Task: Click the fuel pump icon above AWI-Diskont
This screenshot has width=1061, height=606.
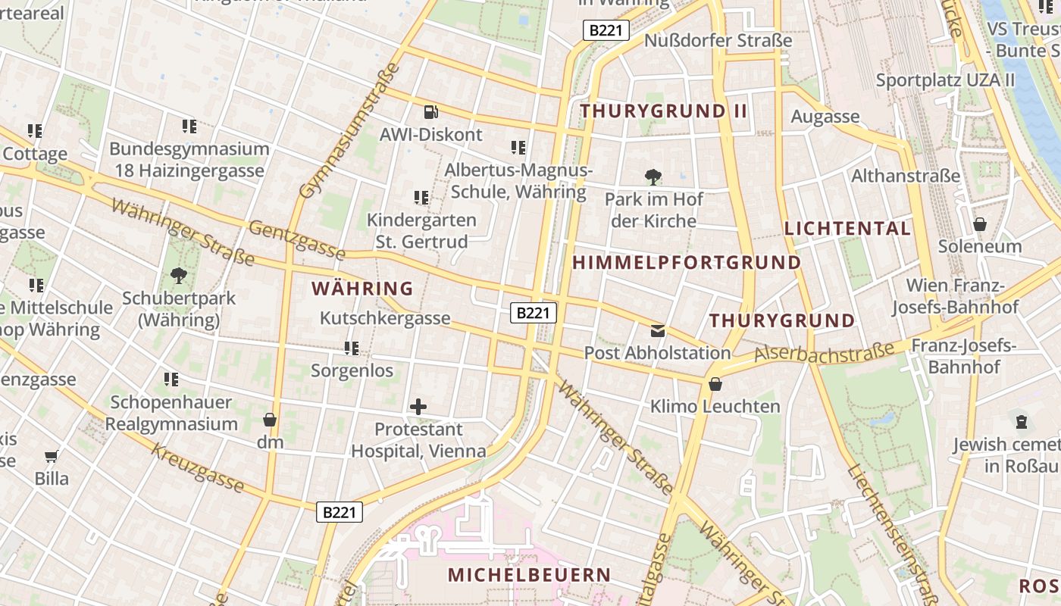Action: [430, 112]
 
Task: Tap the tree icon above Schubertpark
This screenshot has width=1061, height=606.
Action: [179, 276]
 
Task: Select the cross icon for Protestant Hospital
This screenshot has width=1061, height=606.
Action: [418, 407]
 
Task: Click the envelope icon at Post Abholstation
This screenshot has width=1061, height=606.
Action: [657, 330]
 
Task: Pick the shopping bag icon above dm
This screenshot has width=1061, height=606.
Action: [269, 420]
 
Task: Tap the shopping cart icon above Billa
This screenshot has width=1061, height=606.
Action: [52, 456]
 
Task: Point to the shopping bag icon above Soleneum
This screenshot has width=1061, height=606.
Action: [980, 224]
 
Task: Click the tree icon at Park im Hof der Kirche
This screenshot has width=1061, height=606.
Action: [653, 178]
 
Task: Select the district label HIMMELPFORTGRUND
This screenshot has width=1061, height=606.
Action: [687, 263]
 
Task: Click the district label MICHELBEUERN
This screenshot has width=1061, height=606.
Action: [529, 575]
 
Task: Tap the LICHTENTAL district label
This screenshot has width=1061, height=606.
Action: [847, 229]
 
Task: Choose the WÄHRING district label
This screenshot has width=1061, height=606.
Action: [362, 289]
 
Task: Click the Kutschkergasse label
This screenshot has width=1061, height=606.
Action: [385, 318]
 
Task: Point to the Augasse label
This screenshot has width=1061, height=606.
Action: [825, 117]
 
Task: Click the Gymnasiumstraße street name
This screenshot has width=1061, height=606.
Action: [350, 130]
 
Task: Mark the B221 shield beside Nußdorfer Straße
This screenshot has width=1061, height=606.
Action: [606, 30]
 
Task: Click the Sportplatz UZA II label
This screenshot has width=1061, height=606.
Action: [945, 80]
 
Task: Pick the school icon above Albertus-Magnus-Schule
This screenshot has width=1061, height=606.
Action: [518, 148]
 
